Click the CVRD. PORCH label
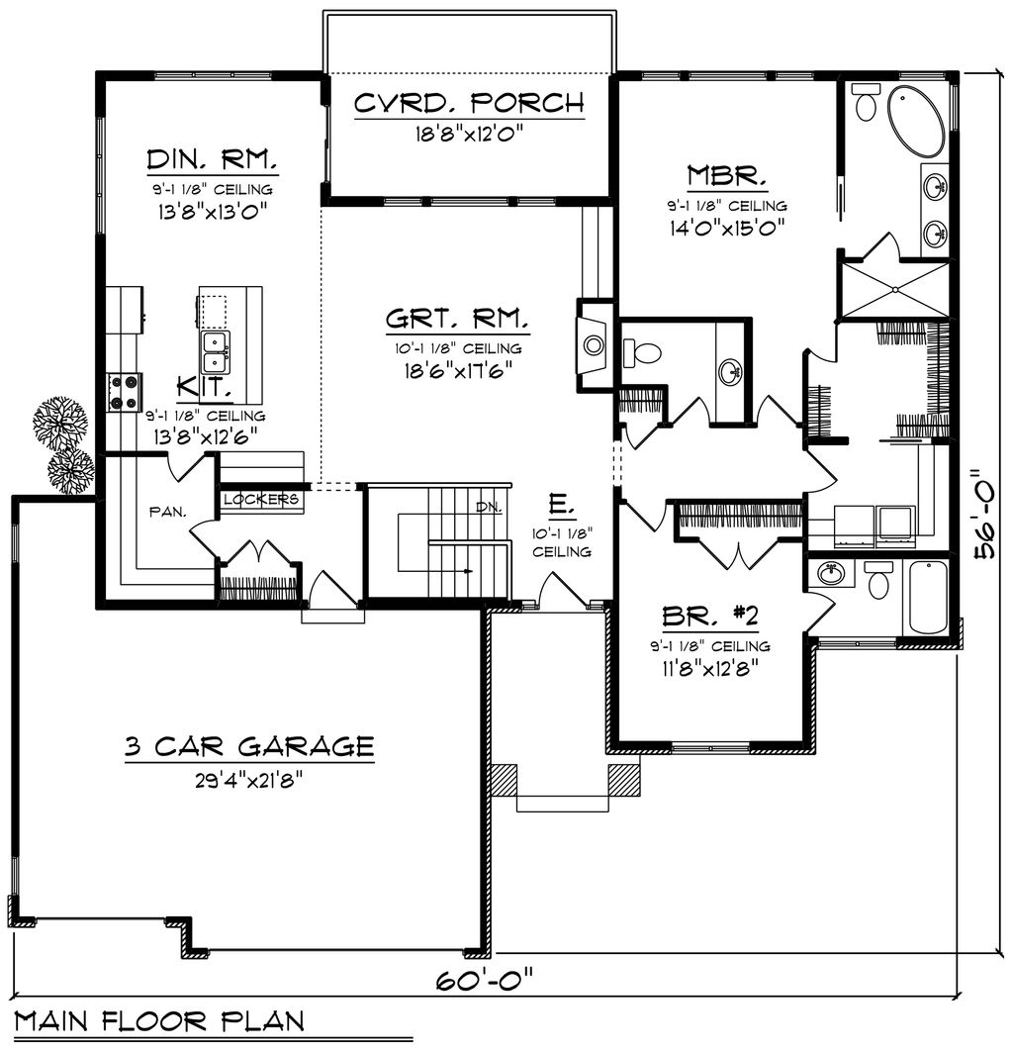[468, 103]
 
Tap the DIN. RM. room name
[212, 159]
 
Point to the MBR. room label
[727, 176]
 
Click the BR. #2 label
[709, 617]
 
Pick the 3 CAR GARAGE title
[249, 745]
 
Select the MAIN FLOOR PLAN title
[158, 1019]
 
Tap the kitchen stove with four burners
[125, 390]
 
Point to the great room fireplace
[594, 344]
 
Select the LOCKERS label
[261, 499]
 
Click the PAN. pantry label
[168, 511]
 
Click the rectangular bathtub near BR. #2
[928, 597]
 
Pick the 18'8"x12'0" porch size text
[468, 132]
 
